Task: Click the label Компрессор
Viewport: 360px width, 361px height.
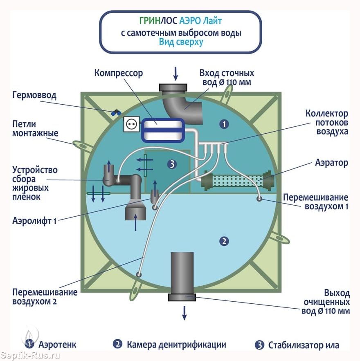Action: [119, 74]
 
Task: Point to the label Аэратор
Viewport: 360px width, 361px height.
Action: [331, 163]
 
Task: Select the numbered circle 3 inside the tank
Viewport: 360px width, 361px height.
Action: [172, 164]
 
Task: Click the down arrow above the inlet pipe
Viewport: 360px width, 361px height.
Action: [175, 73]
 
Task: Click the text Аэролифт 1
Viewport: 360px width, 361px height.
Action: [34, 221]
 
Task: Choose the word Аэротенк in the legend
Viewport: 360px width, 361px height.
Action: [57, 345]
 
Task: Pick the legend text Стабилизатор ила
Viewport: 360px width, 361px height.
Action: [304, 345]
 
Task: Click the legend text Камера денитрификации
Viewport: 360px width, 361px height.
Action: [176, 345]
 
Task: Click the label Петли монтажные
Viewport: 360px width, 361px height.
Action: [35, 128]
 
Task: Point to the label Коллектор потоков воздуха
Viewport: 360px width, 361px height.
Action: [332, 122]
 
